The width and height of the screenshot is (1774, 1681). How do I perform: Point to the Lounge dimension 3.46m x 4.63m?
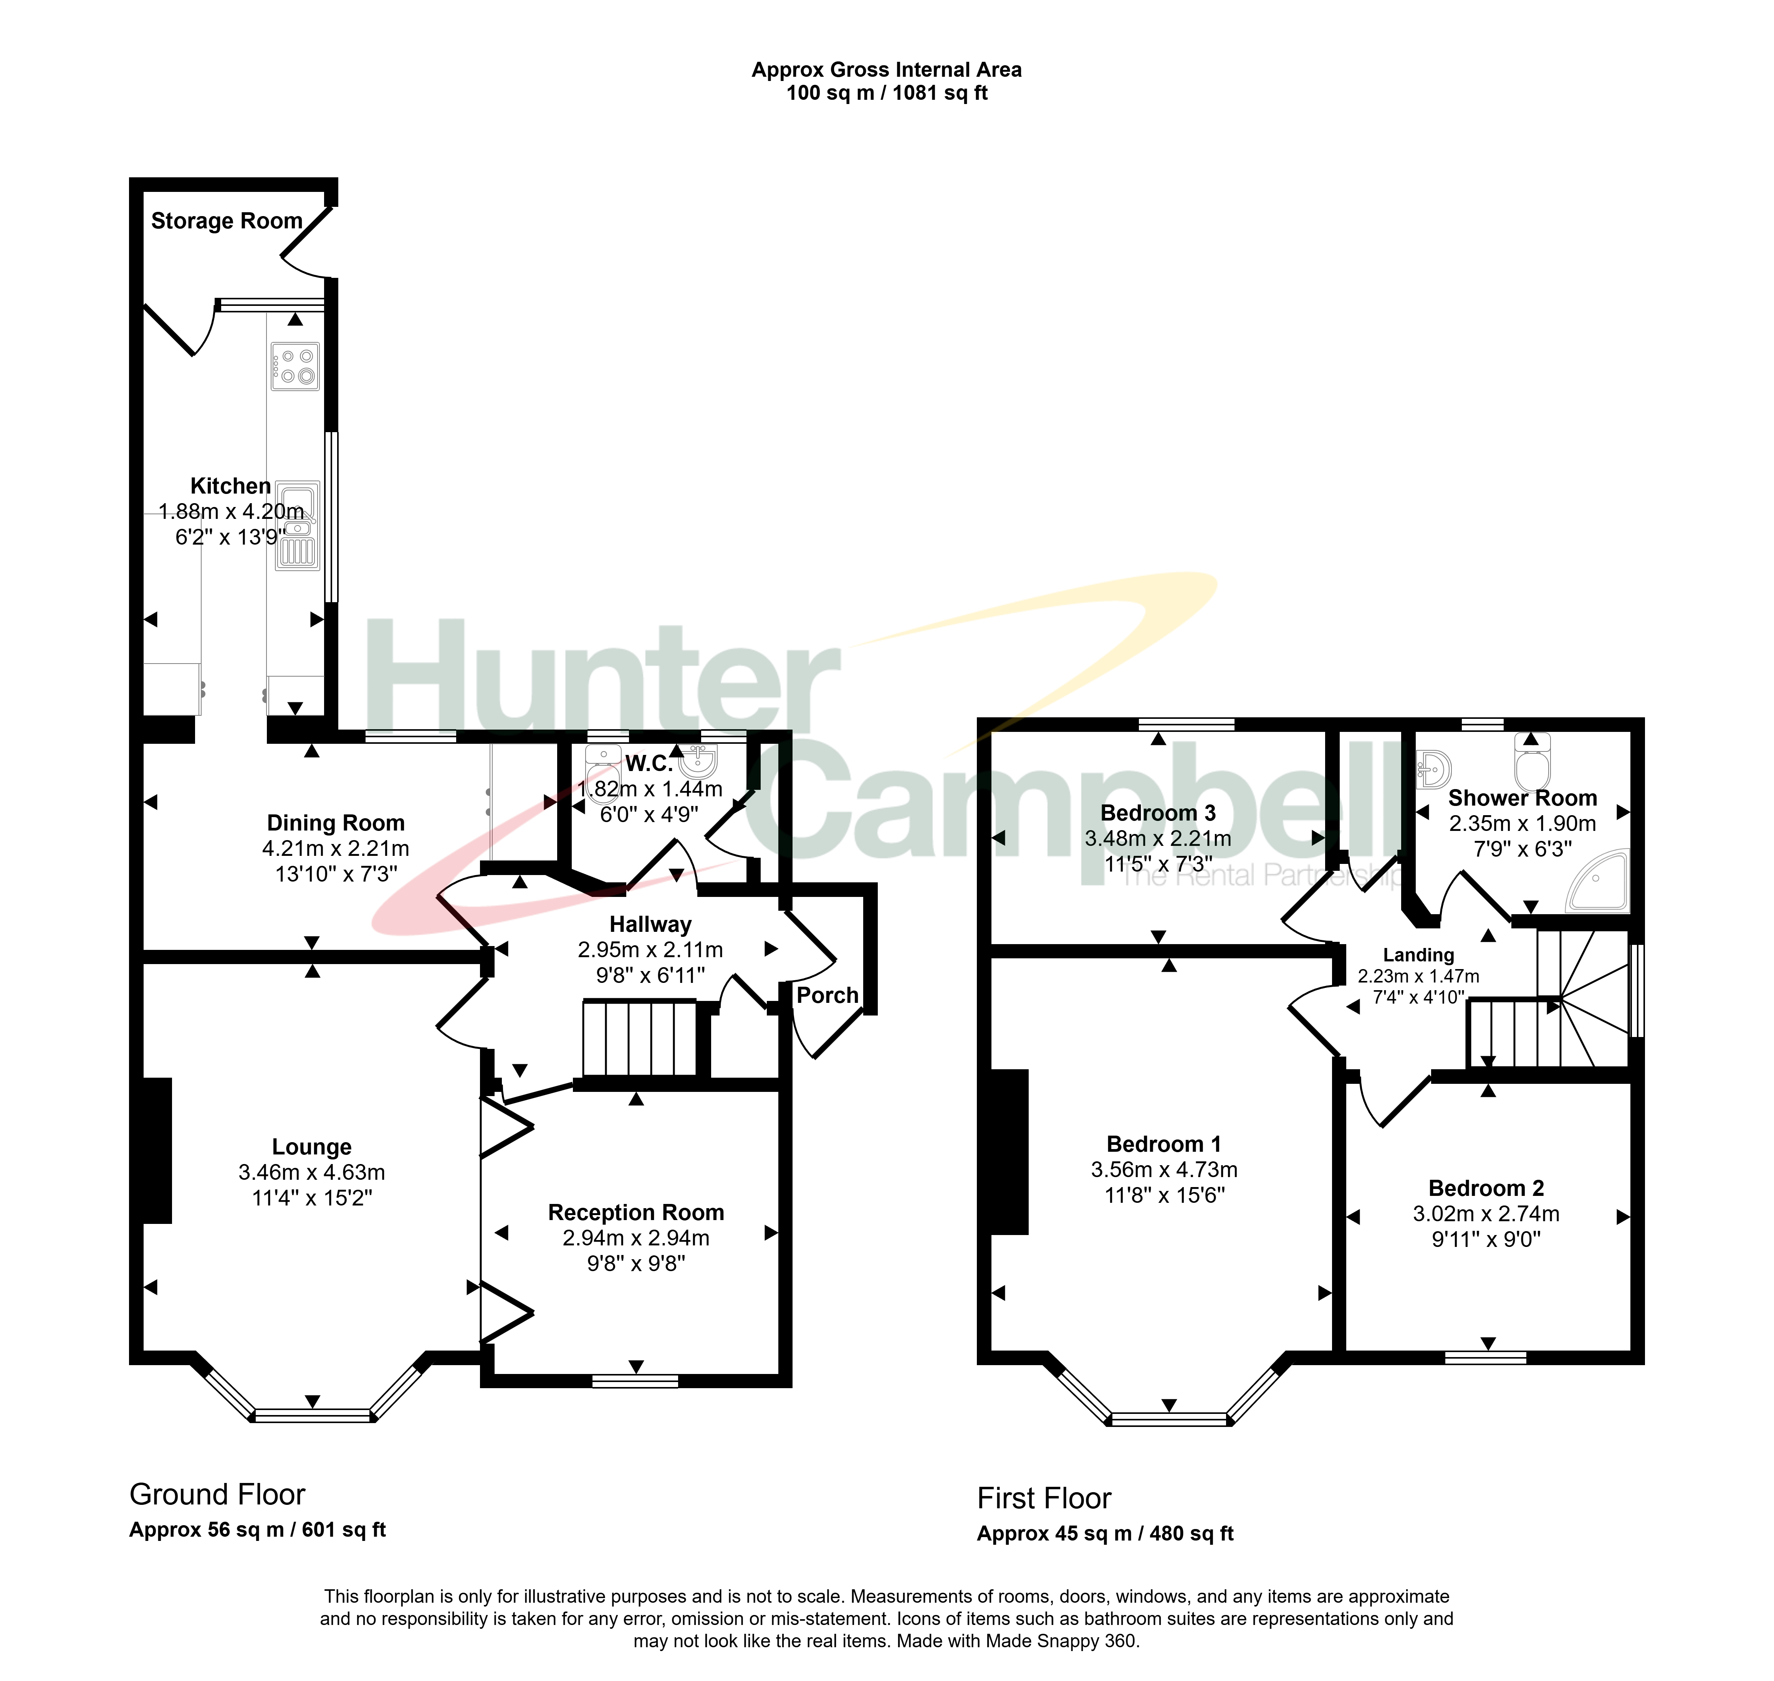pyautogui.click(x=312, y=1172)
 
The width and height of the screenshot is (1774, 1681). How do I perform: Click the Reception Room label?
pyautogui.click(x=637, y=1212)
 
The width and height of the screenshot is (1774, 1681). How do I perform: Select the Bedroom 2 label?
pyautogui.click(x=1486, y=1188)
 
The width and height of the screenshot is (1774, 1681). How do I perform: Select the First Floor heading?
pyautogui.click(x=1044, y=1498)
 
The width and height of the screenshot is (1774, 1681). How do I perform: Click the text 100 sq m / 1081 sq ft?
pyautogui.click(x=887, y=93)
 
